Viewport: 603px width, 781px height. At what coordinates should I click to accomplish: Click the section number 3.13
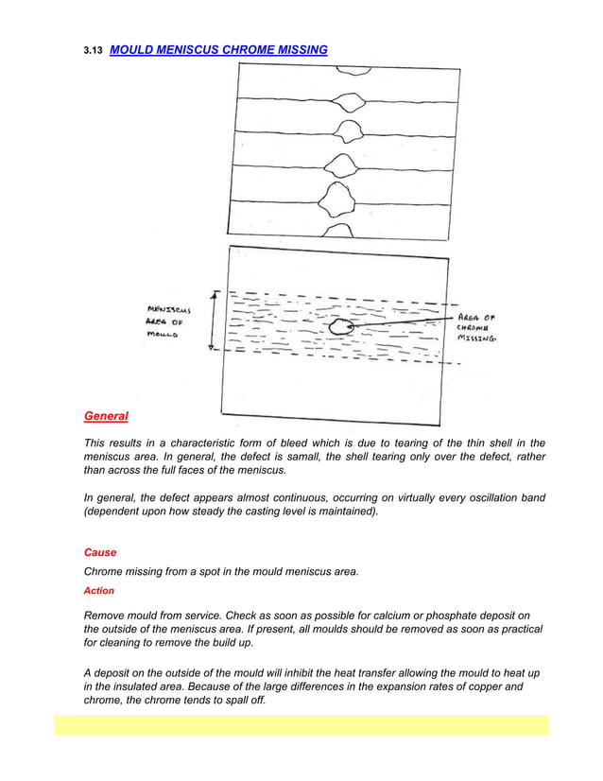pos(93,48)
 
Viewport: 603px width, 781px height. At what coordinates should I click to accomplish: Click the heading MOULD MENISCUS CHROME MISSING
pos(218,47)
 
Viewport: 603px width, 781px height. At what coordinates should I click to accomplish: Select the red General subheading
pos(106,415)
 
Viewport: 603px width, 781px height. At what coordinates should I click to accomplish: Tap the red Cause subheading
pos(101,551)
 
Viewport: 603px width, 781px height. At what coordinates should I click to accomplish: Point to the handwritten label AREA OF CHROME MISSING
pos(486,326)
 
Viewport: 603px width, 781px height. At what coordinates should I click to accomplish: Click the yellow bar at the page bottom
pos(301,725)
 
